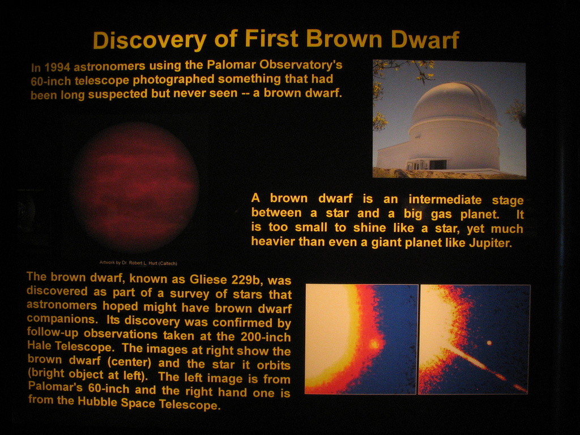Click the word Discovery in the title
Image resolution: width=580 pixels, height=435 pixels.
[x=150, y=40]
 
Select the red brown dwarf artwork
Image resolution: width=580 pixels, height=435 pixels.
[x=136, y=187]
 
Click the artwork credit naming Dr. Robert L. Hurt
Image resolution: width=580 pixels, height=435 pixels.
[x=138, y=263]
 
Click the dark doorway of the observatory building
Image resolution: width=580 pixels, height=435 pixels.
[x=438, y=165]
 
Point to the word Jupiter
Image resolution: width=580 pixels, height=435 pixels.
[x=491, y=243]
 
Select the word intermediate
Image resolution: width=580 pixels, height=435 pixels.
[x=445, y=199]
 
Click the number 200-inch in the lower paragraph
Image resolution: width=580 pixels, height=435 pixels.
[x=266, y=337]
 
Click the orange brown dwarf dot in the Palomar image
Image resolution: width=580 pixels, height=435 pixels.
[x=374, y=344]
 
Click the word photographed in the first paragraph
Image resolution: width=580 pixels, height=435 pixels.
[x=173, y=79]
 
